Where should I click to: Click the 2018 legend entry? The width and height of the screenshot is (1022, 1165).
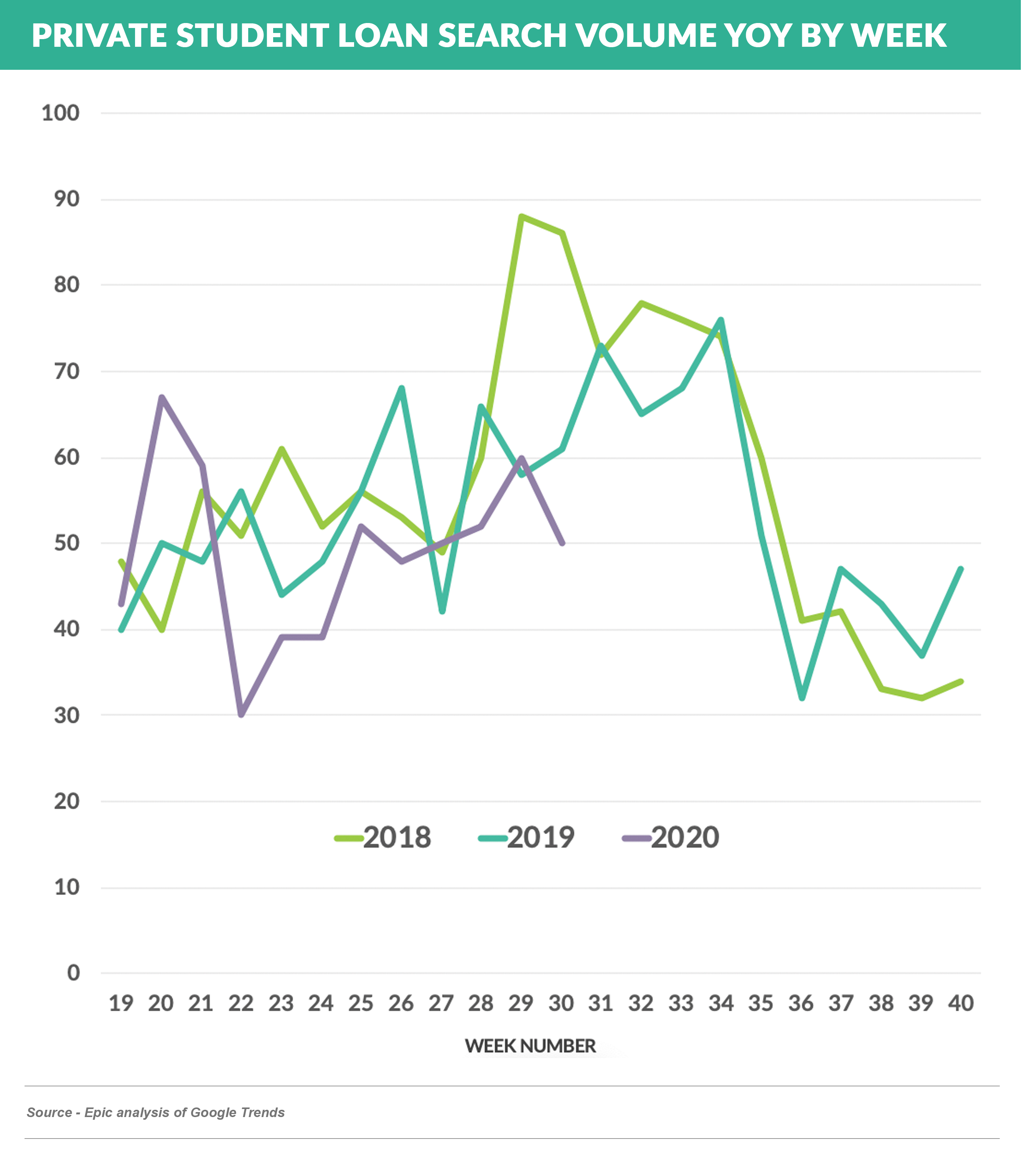click(383, 838)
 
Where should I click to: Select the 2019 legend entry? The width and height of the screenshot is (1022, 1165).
click(527, 838)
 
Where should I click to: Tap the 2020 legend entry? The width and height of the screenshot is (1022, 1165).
click(671, 838)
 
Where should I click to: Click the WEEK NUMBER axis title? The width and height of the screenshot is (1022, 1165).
click(531, 1046)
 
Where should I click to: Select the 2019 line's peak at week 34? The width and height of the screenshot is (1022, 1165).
click(722, 320)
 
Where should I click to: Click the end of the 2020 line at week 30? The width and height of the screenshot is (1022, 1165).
click(562, 543)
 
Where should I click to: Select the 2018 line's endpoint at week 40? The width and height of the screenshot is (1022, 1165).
click(961, 681)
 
